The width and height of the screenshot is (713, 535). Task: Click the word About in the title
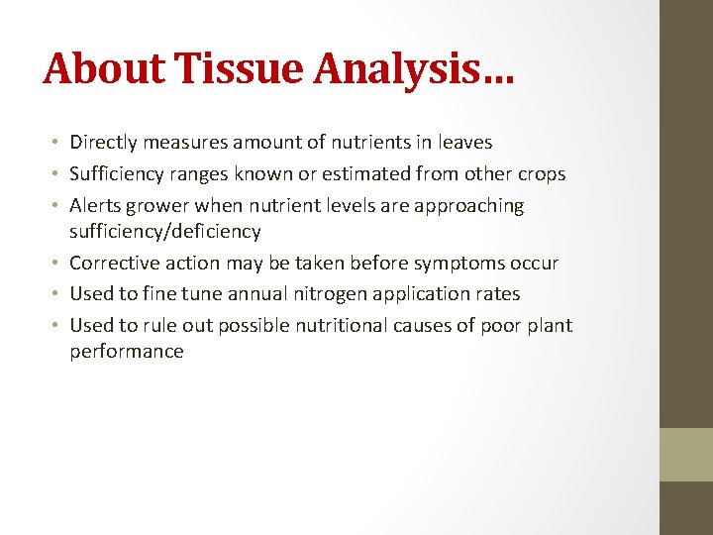pyautogui.click(x=104, y=68)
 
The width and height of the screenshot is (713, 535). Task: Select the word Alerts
pyautogui.click(x=95, y=206)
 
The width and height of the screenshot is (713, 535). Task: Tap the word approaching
pyautogui.click(x=469, y=206)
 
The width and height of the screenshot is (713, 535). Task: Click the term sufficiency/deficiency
pyautogui.click(x=164, y=232)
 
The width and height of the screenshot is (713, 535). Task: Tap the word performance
pyautogui.click(x=126, y=352)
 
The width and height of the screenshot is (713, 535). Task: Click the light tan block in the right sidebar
pyautogui.click(x=686, y=455)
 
